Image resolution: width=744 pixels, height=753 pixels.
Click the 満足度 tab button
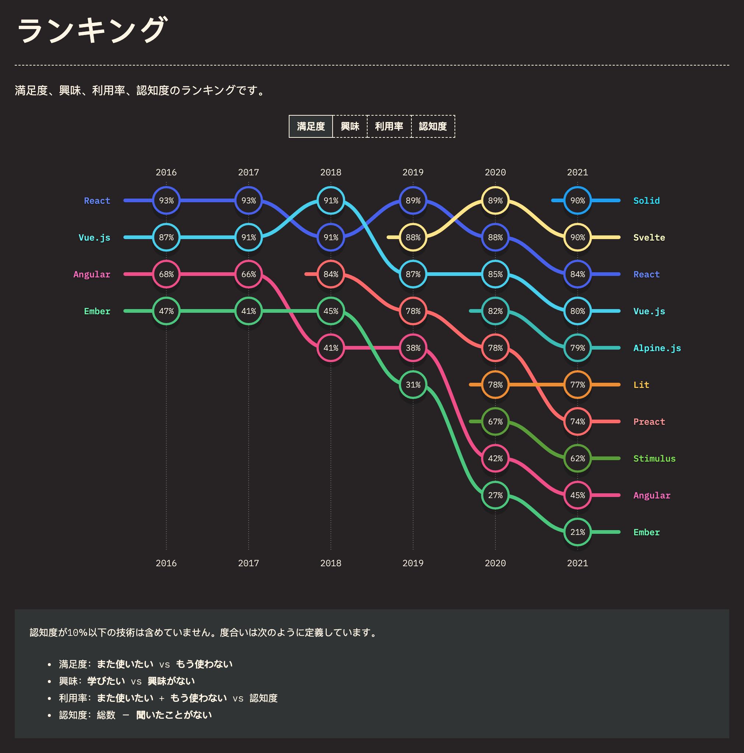tap(310, 126)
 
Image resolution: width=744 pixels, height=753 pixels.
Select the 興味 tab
tap(350, 126)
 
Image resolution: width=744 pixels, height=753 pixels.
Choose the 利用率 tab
tap(389, 126)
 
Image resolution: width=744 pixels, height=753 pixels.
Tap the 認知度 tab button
tap(433, 126)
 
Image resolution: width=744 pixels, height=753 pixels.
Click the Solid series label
tap(646, 201)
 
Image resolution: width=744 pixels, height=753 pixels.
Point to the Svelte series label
tap(649, 237)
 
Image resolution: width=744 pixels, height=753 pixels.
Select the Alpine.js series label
tap(657, 348)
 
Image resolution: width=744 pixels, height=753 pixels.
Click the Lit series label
tap(641, 385)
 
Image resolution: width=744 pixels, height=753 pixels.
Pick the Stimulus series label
tap(654, 459)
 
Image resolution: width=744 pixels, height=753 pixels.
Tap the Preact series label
tap(649, 422)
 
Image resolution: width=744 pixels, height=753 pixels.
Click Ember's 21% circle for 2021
tap(577, 532)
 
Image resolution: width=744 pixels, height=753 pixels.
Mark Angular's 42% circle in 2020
tap(495, 458)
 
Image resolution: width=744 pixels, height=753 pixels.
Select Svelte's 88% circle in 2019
tap(413, 237)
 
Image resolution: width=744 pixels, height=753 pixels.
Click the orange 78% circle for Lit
tap(495, 385)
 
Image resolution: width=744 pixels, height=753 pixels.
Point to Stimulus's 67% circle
tap(495, 421)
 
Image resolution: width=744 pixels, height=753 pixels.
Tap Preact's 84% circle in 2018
tap(330, 274)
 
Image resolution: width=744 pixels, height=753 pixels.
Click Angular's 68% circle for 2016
tap(166, 274)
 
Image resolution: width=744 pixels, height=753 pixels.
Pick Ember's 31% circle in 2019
tap(413, 385)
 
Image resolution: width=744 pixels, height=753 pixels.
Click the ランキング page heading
tap(92, 30)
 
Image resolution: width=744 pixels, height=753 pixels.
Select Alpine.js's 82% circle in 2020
tap(495, 311)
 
